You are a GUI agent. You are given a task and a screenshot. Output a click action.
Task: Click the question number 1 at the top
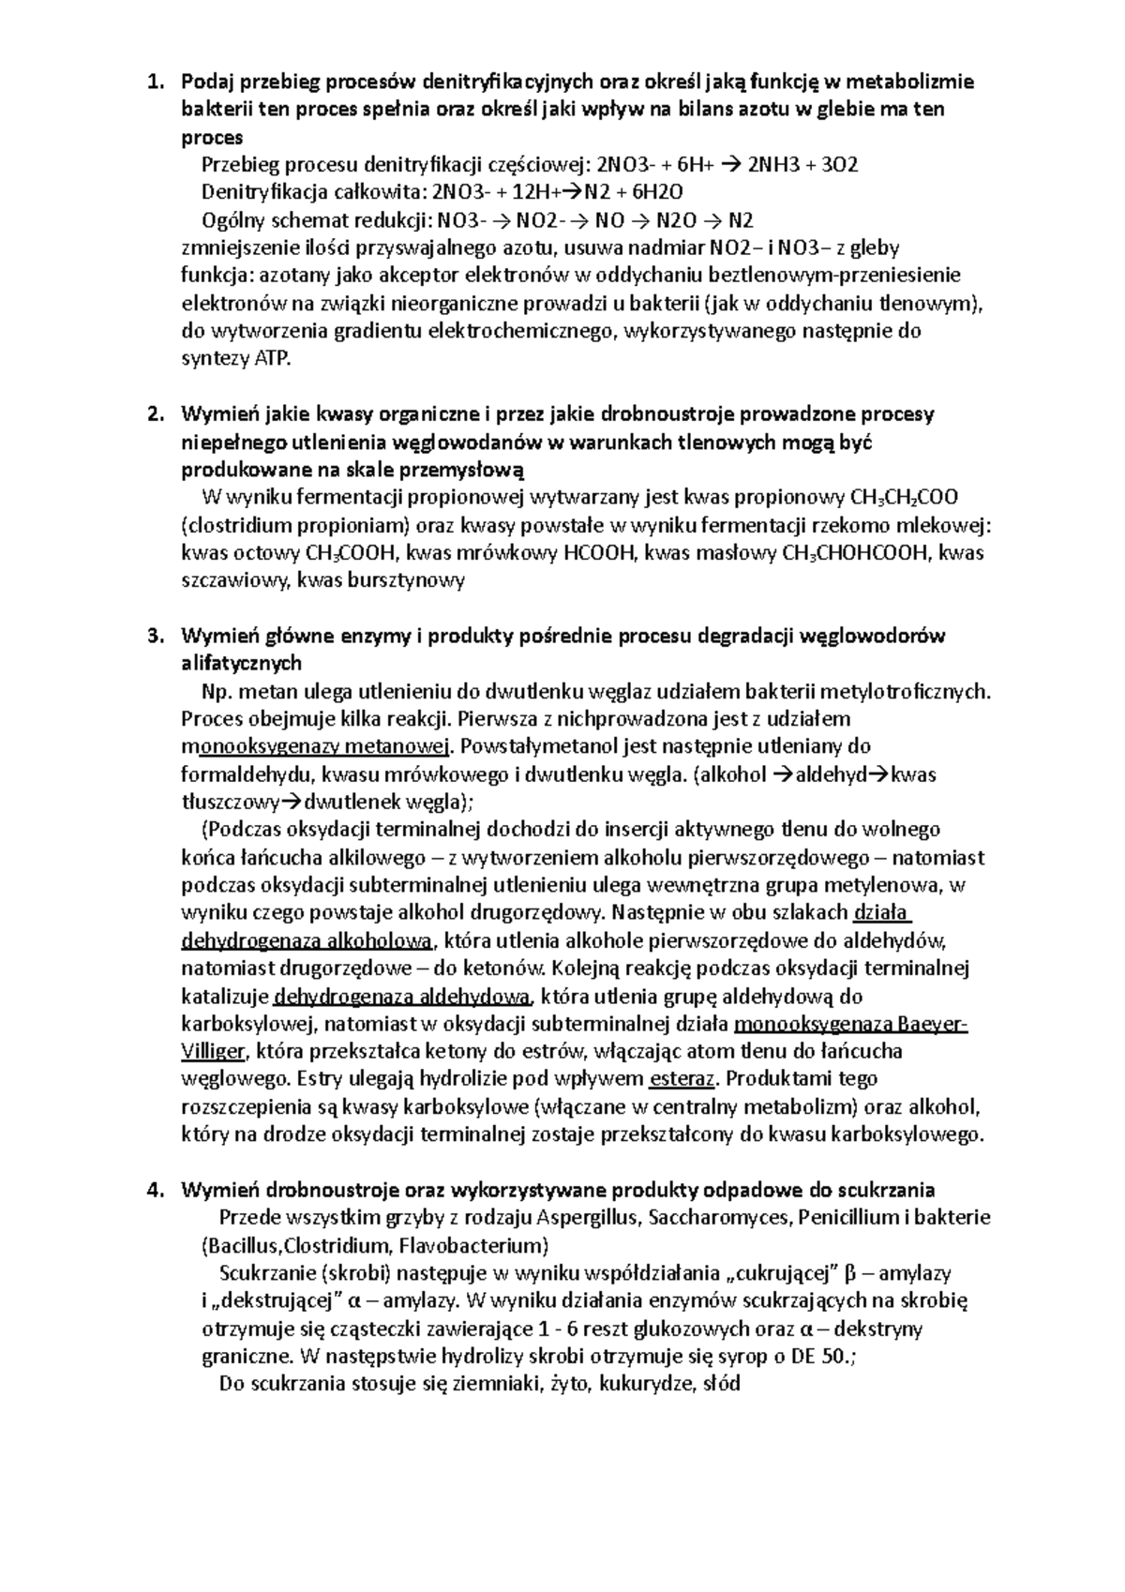coord(153,82)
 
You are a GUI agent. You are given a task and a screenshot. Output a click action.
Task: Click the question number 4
coord(153,1190)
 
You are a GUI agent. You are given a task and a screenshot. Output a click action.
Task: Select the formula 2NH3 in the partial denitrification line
coord(767,165)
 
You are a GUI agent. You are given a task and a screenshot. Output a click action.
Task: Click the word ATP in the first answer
coord(272,359)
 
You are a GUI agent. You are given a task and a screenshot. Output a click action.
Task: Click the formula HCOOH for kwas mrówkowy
coord(599,552)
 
